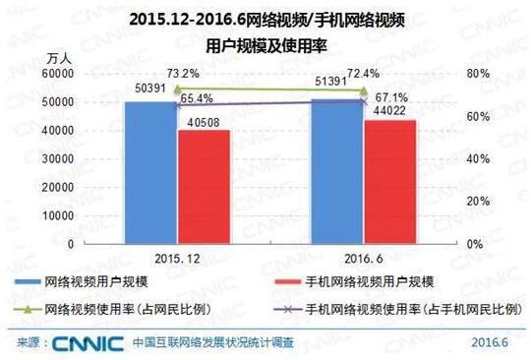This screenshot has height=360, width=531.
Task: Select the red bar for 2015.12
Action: (204, 187)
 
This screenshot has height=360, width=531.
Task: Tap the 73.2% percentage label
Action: (186, 74)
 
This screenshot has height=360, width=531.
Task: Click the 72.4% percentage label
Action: (373, 72)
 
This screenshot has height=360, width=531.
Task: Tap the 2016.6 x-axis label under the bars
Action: (363, 257)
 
